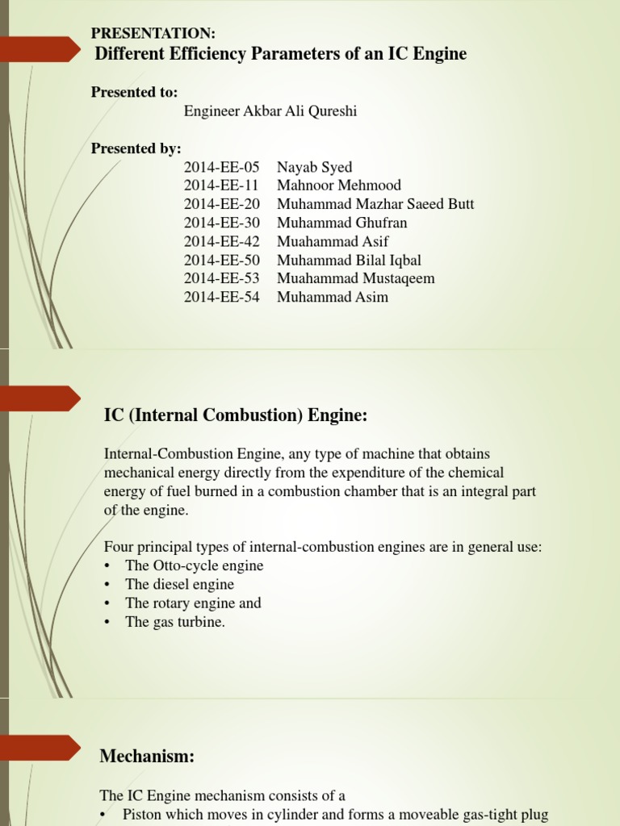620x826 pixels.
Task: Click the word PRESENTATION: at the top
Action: tap(153, 33)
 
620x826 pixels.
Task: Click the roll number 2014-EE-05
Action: tap(221, 168)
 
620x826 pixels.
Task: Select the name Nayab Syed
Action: tap(314, 168)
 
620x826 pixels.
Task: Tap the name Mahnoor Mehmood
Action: tap(338, 186)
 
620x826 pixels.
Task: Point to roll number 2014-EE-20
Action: tap(221, 204)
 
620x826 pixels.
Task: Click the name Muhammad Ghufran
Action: tap(341, 223)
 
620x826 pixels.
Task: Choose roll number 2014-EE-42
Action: tap(221, 241)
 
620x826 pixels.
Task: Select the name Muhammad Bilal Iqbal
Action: tap(349, 260)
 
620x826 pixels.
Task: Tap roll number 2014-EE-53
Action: tap(221, 278)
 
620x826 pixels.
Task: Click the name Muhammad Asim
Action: tap(332, 297)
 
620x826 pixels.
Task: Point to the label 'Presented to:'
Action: tap(134, 92)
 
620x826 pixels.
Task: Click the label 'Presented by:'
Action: tap(136, 148)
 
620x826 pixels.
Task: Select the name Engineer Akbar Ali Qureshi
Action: tap(270, 111)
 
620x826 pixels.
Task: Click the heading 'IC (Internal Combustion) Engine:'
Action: tap(236, 415)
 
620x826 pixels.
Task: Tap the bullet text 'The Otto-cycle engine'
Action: tap(194, 565)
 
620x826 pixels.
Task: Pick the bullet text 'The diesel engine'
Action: tap(179, 584)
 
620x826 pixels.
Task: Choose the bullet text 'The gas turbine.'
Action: tap(175, 622)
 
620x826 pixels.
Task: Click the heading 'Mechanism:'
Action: tap(147, 756)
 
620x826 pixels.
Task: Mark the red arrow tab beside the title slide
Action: tap(44, 49)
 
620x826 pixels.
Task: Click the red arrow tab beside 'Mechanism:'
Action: tap(44, 747)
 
